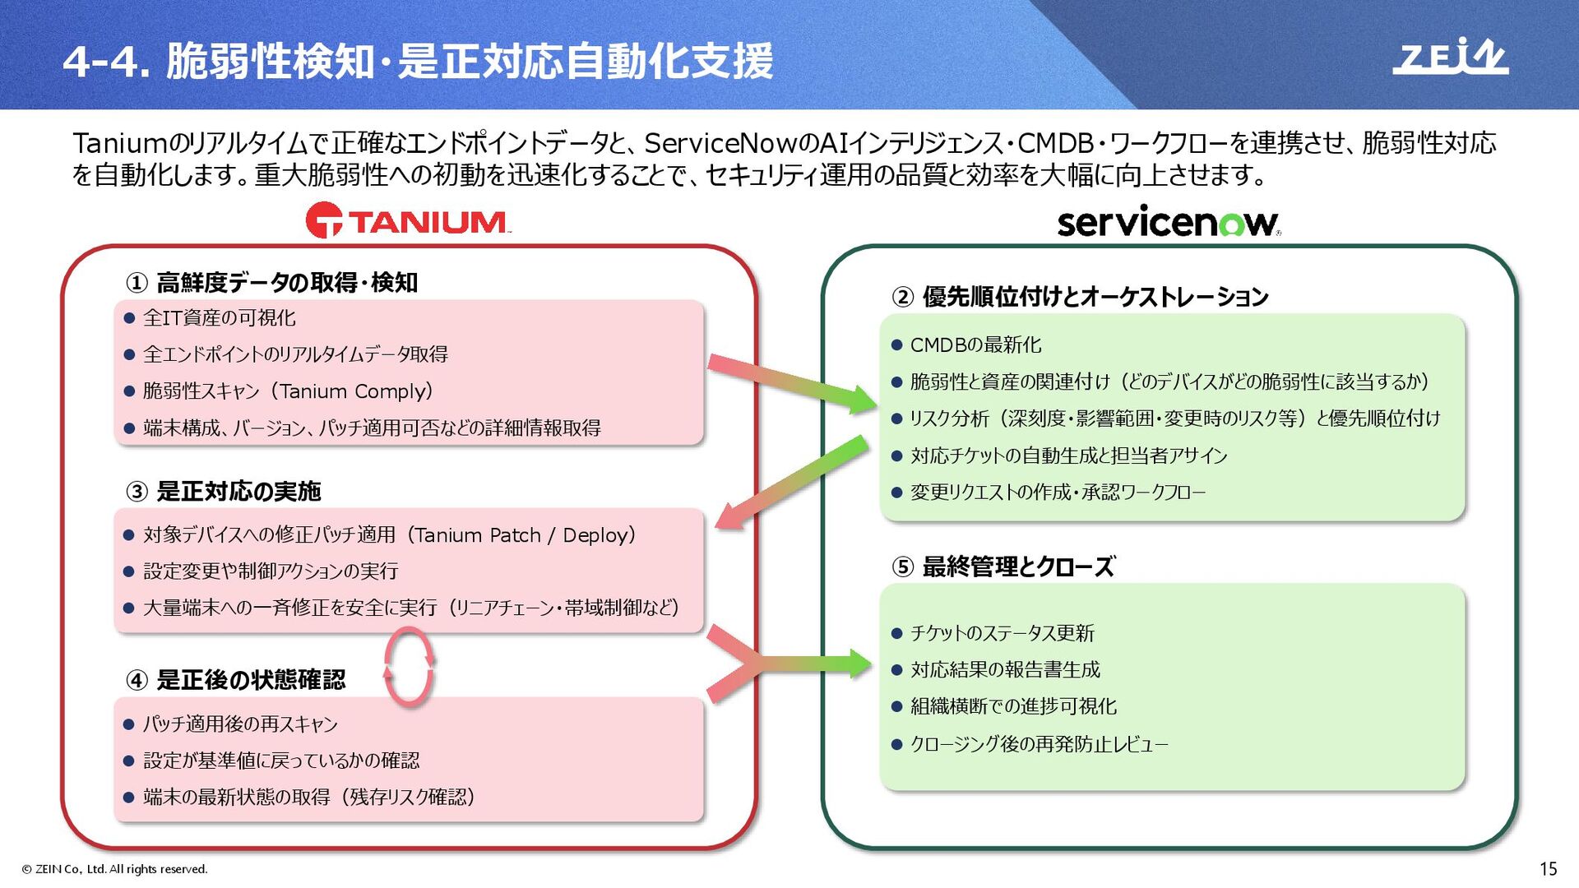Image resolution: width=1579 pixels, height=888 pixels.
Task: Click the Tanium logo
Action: [x=408, y=221]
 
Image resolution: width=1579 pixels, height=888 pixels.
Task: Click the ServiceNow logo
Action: [x=1168, y=222]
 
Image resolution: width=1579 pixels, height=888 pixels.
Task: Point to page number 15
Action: [x=1548, y=869]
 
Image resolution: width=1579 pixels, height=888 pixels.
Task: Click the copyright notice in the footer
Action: [x=115, y=869]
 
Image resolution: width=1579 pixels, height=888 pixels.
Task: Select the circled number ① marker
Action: [x=137, y=284]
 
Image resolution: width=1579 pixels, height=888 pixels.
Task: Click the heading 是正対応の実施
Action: [x=238, y=492]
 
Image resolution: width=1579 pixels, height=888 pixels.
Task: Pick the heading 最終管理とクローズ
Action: [x=1018, y=567]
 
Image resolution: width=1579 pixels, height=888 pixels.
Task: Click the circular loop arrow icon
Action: [x=409, y=667]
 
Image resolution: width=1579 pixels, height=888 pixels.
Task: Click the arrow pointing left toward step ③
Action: [x=791, y=483]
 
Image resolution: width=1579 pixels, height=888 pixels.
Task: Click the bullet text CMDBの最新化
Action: [x=975, y=345]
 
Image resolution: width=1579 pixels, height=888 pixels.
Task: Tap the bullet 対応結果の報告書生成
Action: [x=1004, y=670]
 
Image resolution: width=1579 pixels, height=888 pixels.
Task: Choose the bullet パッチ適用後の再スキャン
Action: [x=240, y=724]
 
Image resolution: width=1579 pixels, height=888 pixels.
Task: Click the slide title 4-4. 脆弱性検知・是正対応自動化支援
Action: [x=418, y=61]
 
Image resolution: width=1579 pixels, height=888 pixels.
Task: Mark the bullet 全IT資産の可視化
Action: [x=219, y=318]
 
